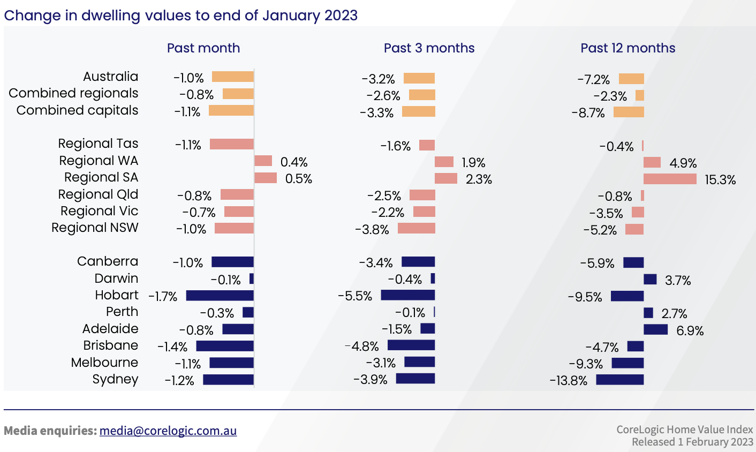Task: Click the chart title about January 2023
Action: [180, 15]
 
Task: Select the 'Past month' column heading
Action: [203, 48]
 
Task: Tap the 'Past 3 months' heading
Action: [429, 48]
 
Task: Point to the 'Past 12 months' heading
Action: [628, 48]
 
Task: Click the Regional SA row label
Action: [101, 177]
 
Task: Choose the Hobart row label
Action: [116, 295]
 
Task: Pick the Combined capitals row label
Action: [77, 110]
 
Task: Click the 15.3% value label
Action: [720, 180]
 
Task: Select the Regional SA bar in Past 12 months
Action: [670, 179]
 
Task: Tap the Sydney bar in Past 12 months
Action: [619, 380]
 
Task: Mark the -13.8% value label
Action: [568, 381]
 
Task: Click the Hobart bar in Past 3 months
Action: [407, 295]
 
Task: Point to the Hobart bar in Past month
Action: [220, 296]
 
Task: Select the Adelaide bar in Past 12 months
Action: [655, 329]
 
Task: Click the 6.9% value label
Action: [690, 331]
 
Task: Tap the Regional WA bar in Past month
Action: [263, 161]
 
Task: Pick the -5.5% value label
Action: [354, 296]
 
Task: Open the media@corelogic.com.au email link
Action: [168, 431]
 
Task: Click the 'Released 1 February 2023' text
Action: [692, 442]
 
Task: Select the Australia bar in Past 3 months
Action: [419, 79]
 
